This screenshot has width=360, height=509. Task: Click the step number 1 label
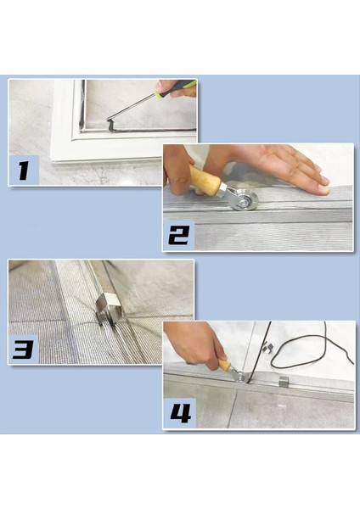23,171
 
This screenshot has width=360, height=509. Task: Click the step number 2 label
178,236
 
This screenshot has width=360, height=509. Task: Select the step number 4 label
181,413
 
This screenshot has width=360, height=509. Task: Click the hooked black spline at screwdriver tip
110,126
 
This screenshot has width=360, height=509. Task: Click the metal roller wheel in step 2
243,200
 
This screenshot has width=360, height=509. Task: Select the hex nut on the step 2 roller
224,190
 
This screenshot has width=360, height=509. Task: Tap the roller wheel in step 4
241,378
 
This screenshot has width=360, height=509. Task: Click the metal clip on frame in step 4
284,381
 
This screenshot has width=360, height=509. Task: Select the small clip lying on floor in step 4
267,348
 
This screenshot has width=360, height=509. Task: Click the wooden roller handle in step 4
225,364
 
